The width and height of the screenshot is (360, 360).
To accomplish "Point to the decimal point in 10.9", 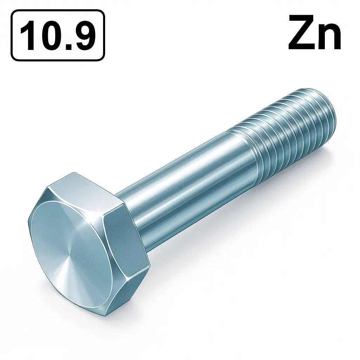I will (x=68, y=46).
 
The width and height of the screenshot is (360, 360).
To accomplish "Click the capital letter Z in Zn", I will (x=302, y=33).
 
